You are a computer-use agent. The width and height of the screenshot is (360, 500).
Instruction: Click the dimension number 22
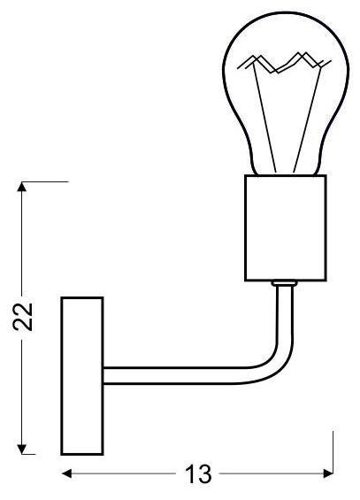click(x=26, y=317)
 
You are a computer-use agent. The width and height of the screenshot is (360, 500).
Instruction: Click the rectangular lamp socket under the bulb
click(x=285, y=227)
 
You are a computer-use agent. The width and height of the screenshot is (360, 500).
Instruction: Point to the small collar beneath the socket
click(x=284, y=284)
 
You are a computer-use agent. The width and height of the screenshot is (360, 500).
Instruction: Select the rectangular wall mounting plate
click(x=81, y=375)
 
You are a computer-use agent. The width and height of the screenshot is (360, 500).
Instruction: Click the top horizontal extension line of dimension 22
click(x=44, y=181)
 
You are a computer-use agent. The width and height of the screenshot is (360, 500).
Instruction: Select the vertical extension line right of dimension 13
click(x=333, y=451)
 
